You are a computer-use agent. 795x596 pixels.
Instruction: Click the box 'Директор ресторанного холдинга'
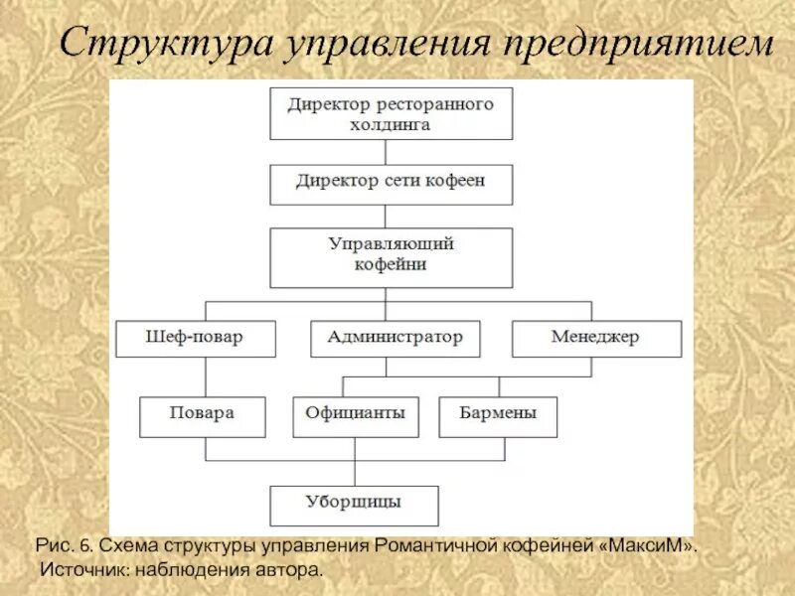392,113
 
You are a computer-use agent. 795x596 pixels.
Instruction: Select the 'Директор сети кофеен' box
392,183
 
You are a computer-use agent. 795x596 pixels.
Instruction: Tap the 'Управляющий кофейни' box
392,256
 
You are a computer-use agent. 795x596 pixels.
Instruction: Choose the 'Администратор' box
395,339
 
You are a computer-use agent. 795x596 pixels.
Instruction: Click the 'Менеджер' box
596,339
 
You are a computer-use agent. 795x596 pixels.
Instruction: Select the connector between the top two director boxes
392,152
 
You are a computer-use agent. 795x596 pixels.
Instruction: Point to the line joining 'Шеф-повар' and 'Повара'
205,377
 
